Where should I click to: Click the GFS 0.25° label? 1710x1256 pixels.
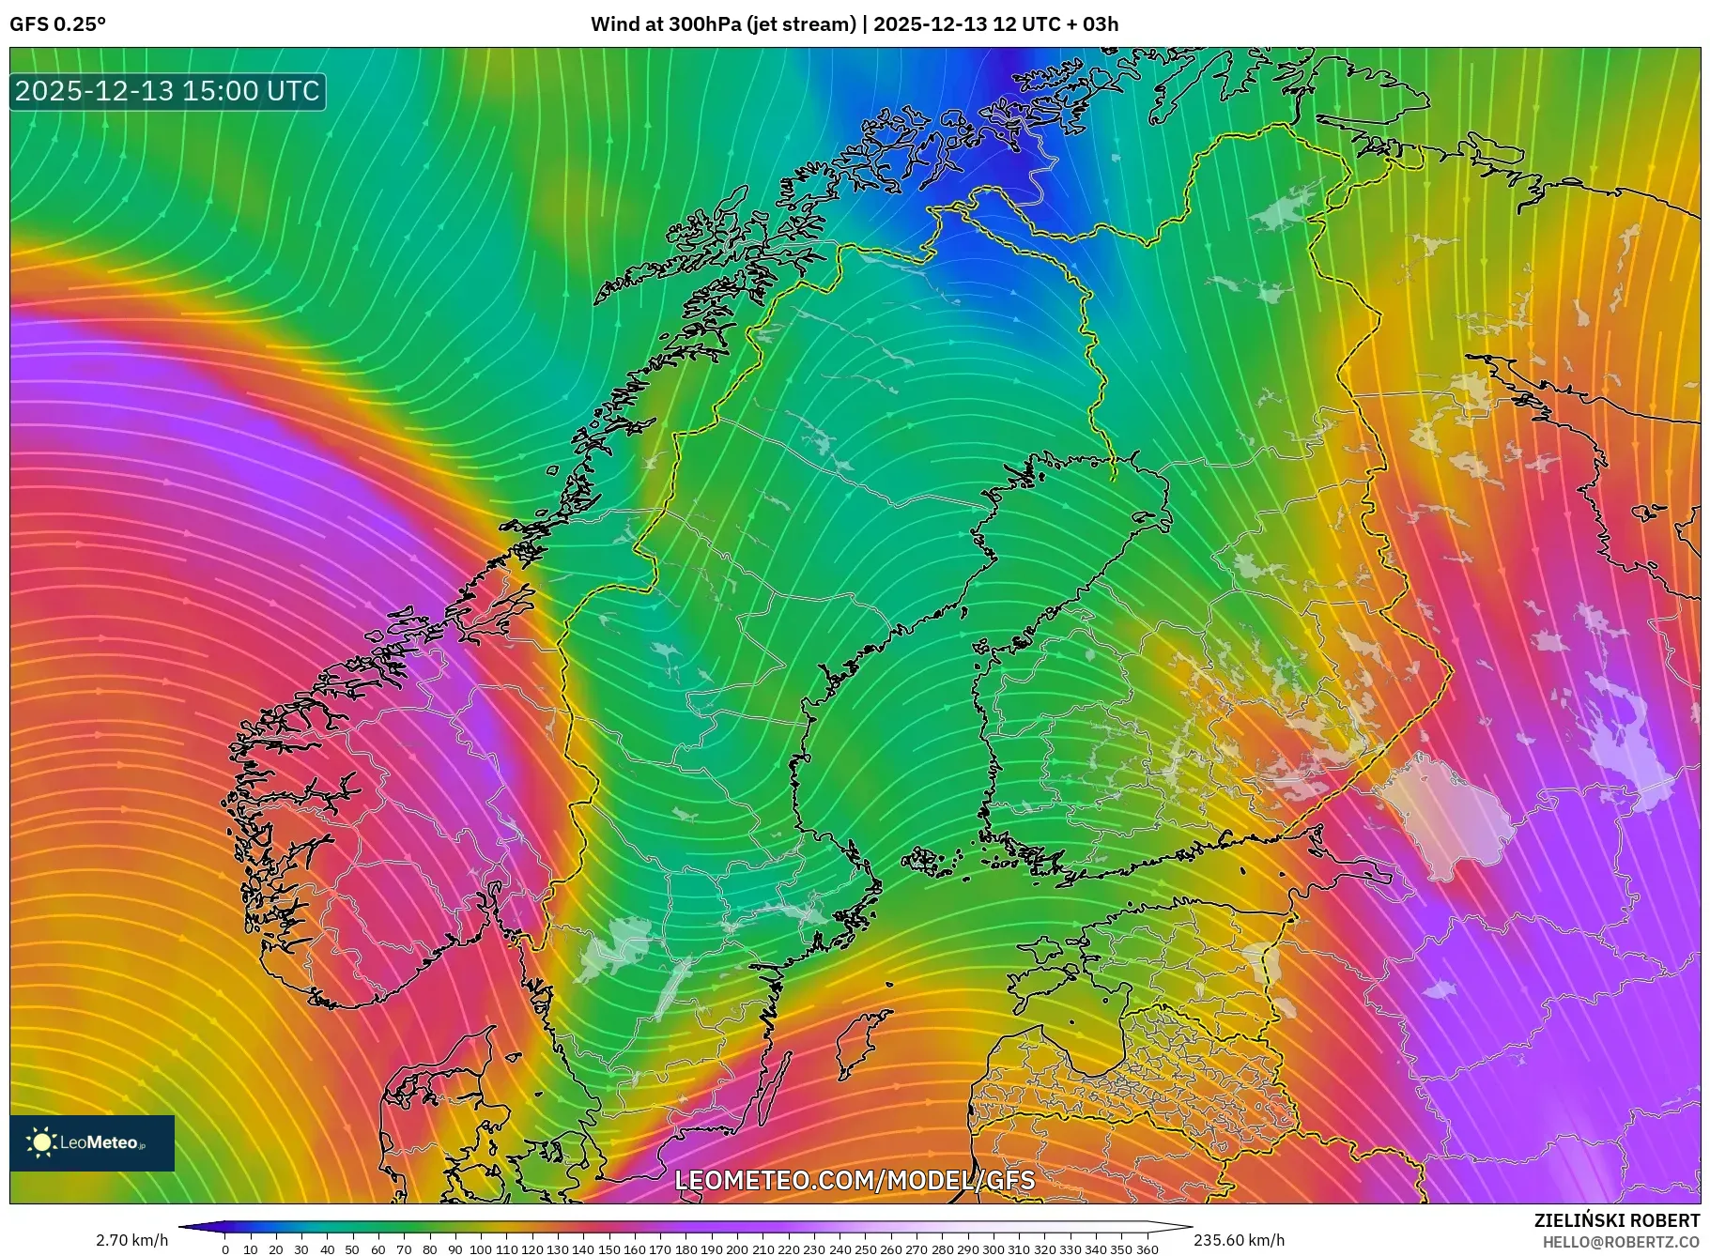[57, 24]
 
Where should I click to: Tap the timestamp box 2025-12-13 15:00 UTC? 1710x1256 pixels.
[168, 91]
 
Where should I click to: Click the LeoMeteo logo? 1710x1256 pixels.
[92, 1142]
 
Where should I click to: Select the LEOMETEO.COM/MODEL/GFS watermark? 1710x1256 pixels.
[855, 1180]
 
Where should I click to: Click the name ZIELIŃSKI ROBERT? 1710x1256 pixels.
[1616, 1220]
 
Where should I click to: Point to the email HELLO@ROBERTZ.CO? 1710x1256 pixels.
[1621, 1242]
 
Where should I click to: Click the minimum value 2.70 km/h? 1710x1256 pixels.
[132, 1240]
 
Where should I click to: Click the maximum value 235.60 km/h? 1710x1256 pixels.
[1239, 1240]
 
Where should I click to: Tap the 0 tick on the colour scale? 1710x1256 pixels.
[225, 1249]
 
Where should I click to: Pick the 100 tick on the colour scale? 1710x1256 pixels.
[481, 1249]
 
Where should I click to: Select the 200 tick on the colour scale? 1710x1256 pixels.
[737, 1249]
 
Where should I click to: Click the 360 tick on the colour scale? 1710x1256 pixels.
[1147, 1249]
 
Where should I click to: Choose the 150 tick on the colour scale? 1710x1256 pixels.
[609, 1249]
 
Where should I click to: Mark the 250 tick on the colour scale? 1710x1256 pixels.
[865, 1249]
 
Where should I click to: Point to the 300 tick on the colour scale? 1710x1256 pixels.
[994, 1249]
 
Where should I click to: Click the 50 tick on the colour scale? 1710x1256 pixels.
[352, 1249]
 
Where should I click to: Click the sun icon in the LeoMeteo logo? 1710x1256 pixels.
[42, 1142]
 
